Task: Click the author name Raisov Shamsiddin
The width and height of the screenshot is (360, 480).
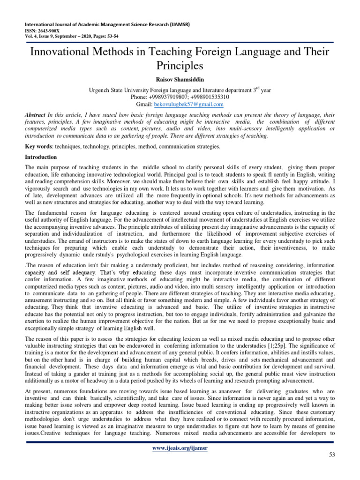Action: [180, 79]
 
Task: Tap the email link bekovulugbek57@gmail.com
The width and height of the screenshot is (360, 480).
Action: [193, 104]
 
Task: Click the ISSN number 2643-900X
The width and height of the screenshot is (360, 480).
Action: [47, 31]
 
